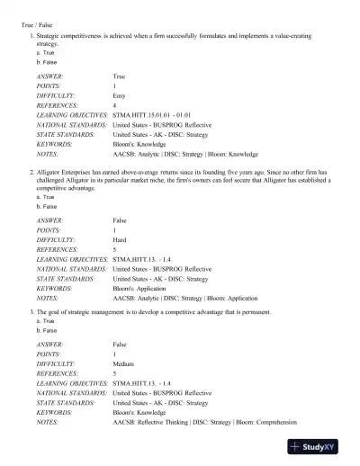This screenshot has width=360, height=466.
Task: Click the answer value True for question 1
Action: pos(120,77)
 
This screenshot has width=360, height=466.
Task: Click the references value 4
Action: pos(114,106)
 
